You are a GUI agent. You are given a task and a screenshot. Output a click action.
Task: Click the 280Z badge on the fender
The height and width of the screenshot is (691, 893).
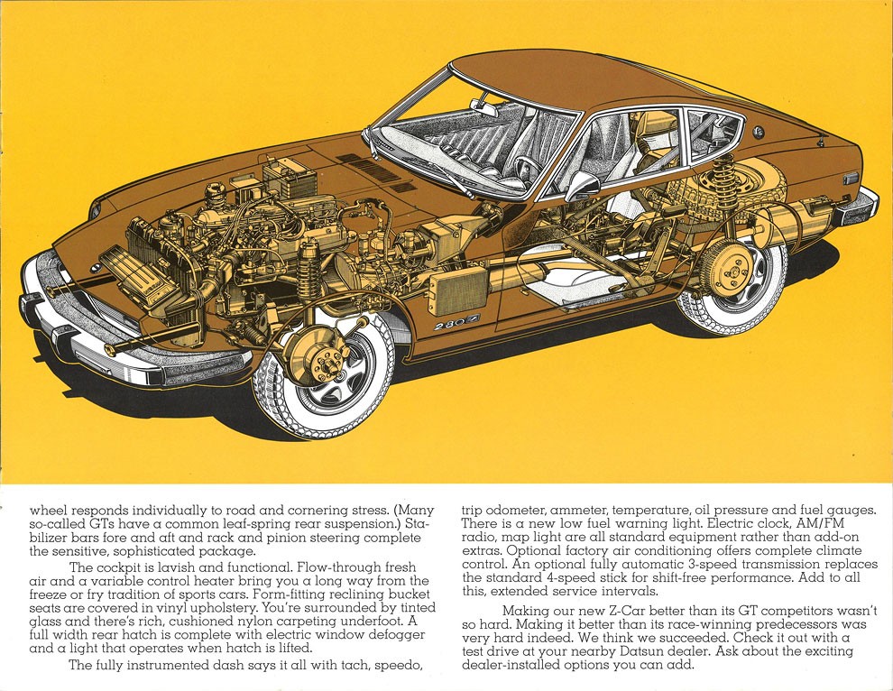[x=456, y=322]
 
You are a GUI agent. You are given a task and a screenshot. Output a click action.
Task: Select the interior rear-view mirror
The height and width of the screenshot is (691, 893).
[x=484, y=106]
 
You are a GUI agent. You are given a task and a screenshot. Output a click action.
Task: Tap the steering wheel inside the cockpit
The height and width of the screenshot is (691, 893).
[x=528, y=167]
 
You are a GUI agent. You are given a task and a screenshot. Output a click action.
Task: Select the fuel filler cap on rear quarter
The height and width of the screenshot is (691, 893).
[x=758, y=133]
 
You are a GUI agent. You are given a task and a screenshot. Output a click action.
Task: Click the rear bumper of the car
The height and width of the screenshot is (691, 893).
[x=858, y=207]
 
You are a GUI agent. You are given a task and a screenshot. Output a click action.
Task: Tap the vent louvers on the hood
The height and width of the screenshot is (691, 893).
[x=376, y=170]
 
